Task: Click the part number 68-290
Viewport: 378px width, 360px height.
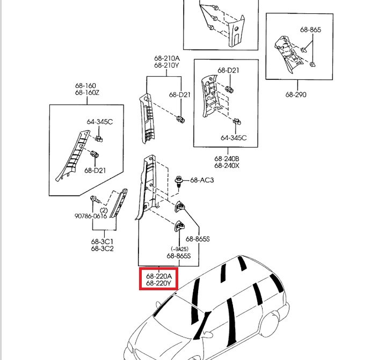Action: [296, 95]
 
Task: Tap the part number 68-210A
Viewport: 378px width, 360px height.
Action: [166, 58]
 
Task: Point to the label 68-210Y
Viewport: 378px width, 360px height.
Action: [166, 65]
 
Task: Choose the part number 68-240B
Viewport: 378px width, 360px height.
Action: [227, 159]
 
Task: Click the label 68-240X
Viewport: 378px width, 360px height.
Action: [227, 166]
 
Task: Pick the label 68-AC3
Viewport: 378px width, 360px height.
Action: [202, 180]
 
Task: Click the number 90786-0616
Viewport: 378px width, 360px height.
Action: [91, 217]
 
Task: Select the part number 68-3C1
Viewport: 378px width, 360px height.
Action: [101, 241]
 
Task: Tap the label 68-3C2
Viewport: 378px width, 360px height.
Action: [101, 248]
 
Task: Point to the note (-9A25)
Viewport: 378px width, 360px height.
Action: [180, 249]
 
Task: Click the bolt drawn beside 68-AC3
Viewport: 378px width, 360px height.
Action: [179, 180]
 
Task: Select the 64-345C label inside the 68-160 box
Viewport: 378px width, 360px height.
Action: [100, 122]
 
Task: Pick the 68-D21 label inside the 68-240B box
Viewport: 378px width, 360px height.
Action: [228, 71]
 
